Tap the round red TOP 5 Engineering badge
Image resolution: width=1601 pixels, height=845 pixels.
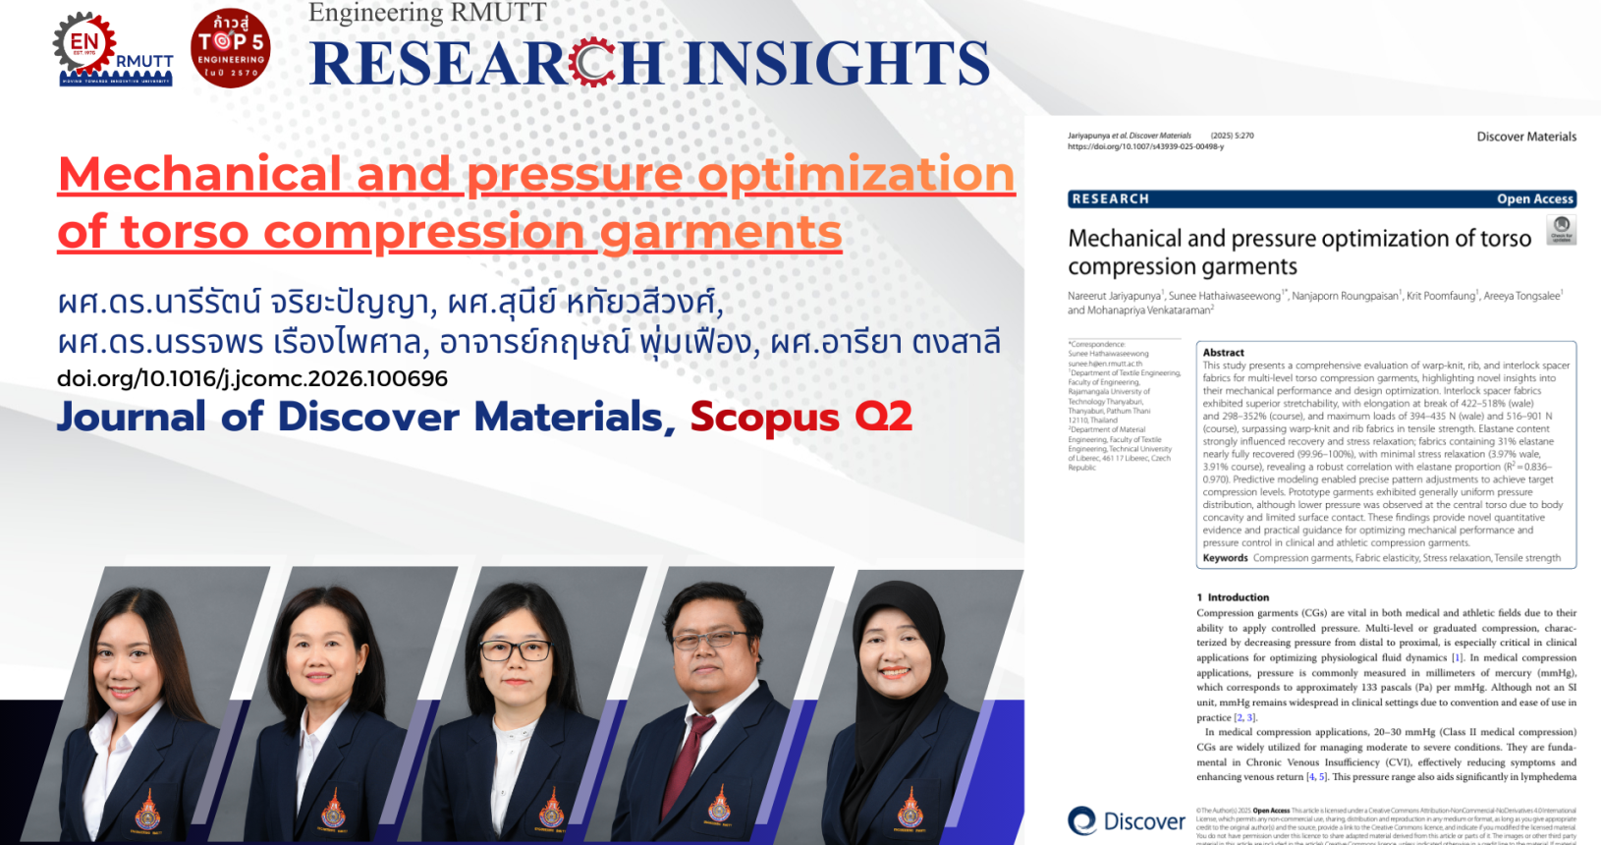[x=230, y=48]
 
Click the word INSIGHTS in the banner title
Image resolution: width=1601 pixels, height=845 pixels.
[x=837, y=64]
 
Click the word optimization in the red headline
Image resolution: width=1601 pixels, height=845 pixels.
[x=856, y=175]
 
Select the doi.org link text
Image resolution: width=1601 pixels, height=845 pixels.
[x=252, y=379]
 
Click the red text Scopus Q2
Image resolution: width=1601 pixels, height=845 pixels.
[x=800, y=417]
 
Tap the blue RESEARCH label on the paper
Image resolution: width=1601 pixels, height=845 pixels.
[x=1110, y=198]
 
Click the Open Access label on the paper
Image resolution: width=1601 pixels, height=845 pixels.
[x=1534, y=198]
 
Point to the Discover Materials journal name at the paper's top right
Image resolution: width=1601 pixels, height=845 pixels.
[x=1526, y=137]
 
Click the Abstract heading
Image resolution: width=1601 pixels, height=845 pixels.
[x=1223, y=352]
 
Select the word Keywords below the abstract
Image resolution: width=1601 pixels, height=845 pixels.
[x=1225, y=558]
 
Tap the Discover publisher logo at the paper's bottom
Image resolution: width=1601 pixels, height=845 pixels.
[x=1126, y=820]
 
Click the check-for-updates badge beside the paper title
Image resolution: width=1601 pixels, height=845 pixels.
[x=1561, y=230]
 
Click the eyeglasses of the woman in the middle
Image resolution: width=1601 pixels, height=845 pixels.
[x=515, y=650]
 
